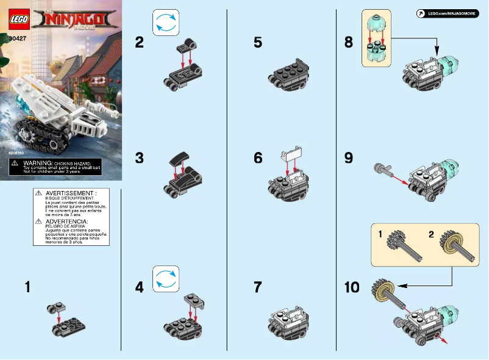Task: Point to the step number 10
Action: (352, 287)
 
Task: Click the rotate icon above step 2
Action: (165, 23)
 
